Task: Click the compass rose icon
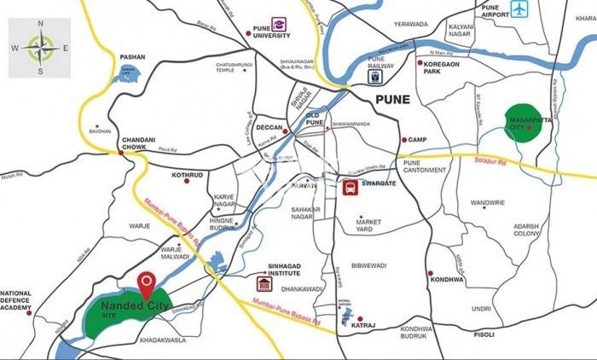[39, 48]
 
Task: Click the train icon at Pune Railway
[375, 75]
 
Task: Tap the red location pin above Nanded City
[147, 282]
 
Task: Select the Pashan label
[133, 57]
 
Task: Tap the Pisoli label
[484, 335]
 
